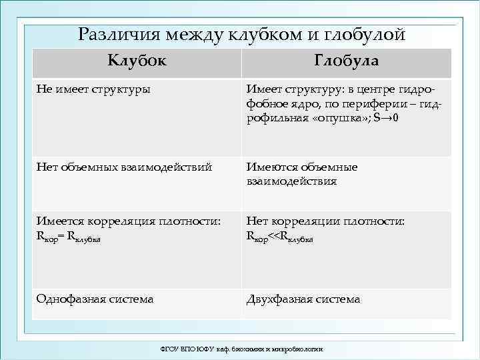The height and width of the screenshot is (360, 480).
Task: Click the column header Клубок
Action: (137, 61)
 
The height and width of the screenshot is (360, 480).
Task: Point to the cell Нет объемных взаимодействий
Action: (124, 167)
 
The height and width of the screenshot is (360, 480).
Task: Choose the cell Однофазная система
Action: (95, 299)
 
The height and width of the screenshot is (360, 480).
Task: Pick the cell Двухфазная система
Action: (303, 299)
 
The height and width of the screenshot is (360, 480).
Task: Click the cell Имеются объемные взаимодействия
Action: (302, 174)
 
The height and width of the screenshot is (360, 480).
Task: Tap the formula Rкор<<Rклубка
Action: (280, 235)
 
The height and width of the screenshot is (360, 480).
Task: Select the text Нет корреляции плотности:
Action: (325, 221)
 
